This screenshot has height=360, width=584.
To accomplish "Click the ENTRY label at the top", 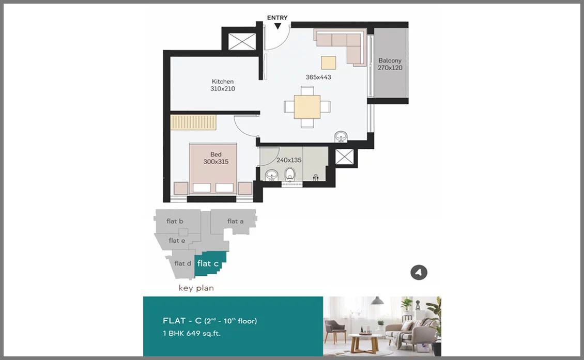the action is tap(277, 18).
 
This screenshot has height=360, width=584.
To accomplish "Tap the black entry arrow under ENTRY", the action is tap(278, 26).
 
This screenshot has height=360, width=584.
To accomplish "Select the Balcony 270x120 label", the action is tap(390, 64).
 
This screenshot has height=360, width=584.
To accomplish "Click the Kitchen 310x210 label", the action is tap(223, 85).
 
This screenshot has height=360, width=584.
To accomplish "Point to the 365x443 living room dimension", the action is tap(318, 77).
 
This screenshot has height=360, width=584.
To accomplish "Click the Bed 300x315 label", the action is tap(216, 158).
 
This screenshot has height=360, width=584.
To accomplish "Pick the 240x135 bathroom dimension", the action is tap(289, 160).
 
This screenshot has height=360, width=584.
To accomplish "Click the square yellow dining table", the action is tap(307, 107).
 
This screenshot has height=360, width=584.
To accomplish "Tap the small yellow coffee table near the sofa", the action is tap(329, 62).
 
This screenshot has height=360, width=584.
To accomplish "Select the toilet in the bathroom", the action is tap(290, 174).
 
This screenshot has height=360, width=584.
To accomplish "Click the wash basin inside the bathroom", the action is tap(271, 175).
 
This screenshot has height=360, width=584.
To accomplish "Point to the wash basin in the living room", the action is tap(341, 137).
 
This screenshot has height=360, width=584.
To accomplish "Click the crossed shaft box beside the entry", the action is tap(242, 41).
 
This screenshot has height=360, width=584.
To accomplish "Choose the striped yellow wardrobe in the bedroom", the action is tap(193, 122).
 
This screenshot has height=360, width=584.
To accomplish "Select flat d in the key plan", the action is tap(182, 264).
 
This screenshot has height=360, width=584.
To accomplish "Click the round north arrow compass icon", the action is tap(419, 273).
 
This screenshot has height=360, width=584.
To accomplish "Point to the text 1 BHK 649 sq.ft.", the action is tap(191, 333).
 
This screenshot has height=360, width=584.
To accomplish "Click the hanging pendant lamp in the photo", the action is tap(377, 301).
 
